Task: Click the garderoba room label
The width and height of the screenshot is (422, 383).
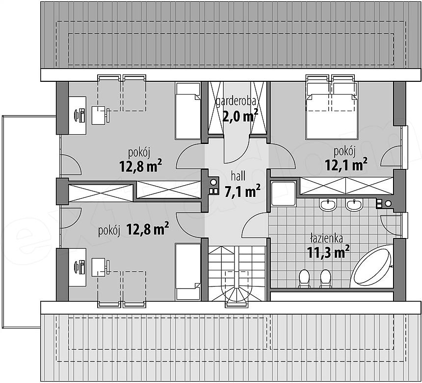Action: (237, 102)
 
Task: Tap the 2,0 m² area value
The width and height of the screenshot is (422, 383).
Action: (240, 116)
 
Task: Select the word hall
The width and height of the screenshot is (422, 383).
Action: (238, 176)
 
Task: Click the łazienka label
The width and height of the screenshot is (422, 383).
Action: (326, 239)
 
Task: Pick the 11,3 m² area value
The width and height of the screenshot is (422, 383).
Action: (328, 252)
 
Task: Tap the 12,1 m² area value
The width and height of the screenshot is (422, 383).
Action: (346, 165)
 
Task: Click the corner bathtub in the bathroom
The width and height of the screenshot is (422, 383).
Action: (371, 266)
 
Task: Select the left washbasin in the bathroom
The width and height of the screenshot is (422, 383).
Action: (328, 206)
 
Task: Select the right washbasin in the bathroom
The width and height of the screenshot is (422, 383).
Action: (354, 206)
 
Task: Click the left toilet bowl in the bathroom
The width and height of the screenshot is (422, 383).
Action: (304, 279)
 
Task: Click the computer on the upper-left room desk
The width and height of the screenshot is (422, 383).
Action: (80, 115)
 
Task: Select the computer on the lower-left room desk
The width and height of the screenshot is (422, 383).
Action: (80, 267)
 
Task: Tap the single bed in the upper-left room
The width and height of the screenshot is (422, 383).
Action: (188, 111)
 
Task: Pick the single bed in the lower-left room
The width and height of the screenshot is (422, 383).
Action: (188, 271)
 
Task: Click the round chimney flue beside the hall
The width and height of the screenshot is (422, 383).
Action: (213, 182)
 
